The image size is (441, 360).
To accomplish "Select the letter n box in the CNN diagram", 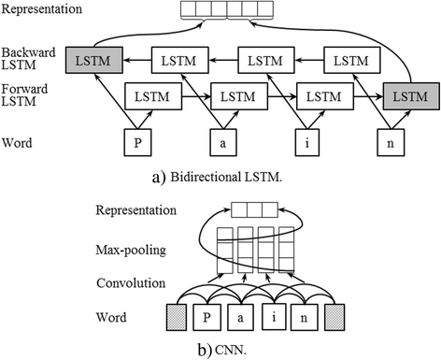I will [x=305, y=322].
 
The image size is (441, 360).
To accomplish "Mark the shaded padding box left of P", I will [x=177, y=322].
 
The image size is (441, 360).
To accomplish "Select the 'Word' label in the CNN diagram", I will [x=116, y=315].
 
